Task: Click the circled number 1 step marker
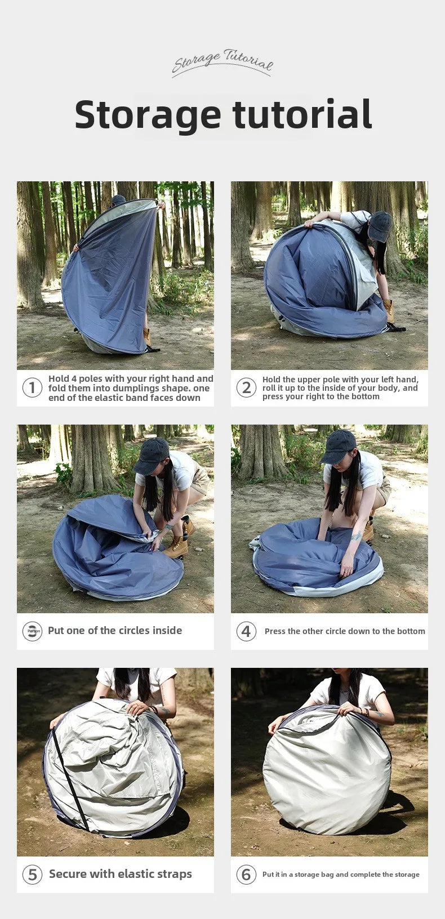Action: [x=32, y=387]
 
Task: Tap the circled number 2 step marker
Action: [x=246, y=387]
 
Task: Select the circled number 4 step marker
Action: [x=246, y=631]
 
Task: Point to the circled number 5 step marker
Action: [x=32, y=875]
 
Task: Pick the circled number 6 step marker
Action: [x=246, y=875]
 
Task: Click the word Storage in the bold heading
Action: [x=148, y=114]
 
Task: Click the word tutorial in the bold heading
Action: [x=302, y=114]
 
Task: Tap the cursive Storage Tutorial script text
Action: [x=222, y=62]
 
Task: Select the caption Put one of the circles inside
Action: [x=115, y=631]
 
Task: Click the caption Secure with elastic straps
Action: [x=120, y=874]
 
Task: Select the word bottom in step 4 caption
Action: [x=412, y=631]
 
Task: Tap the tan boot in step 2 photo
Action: [x=389, y=310]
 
